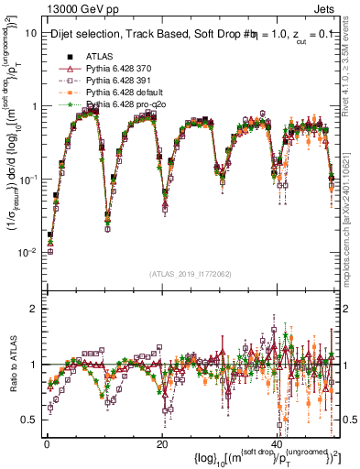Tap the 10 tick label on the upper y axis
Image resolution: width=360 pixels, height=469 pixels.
[x=29, y=32]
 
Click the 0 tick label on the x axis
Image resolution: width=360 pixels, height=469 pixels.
[x=46, y=442]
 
